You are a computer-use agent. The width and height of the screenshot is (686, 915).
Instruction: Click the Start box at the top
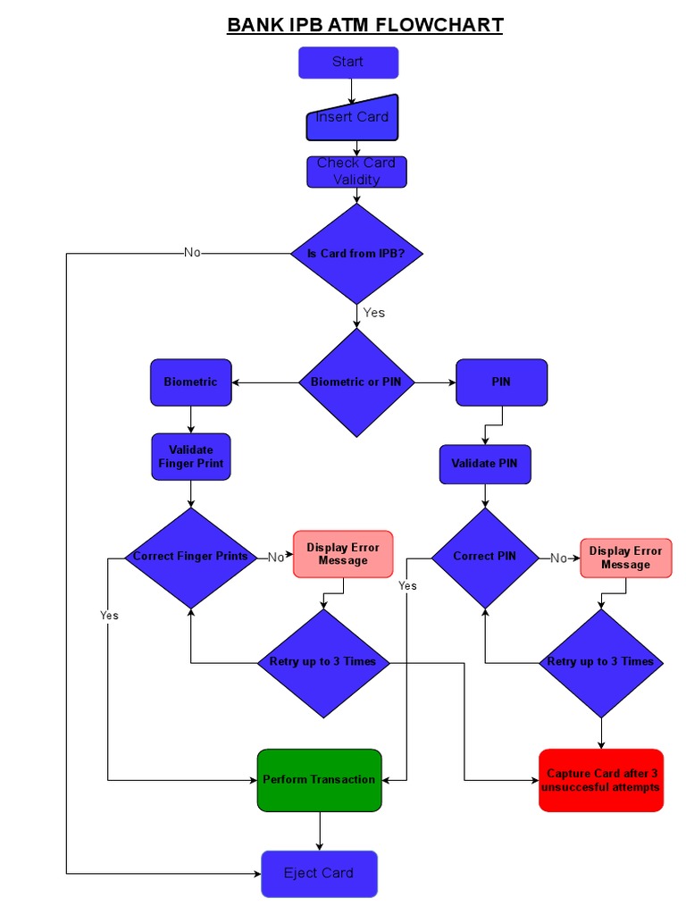(347, 63)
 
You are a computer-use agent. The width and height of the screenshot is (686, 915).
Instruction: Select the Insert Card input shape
(352, 118)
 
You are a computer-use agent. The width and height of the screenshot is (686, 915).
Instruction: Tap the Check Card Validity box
(356, 172)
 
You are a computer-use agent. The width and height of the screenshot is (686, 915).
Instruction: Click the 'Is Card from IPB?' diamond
(356, 254)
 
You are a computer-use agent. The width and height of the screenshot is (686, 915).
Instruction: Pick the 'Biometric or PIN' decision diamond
(356, 382)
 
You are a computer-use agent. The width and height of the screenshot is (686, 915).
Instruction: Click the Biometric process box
(190, 382)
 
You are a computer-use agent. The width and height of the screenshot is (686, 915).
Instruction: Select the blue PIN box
(501, 382)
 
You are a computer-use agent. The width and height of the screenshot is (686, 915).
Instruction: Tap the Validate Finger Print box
(190, 457)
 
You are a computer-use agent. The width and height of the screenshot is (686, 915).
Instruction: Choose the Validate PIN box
(484, 464)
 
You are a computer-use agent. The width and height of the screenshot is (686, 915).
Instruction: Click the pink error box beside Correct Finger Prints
(343, 554)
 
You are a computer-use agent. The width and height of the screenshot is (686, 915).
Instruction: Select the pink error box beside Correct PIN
(625, 558)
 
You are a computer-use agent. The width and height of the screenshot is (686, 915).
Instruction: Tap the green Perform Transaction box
(319, 780)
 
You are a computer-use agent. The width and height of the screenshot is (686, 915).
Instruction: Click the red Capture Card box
(601, 780)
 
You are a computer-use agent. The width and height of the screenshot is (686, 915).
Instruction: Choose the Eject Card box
(319, 874)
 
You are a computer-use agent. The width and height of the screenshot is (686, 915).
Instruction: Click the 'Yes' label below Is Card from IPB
(374, 313)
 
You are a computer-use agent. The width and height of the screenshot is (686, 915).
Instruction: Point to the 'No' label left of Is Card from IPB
(192, 253)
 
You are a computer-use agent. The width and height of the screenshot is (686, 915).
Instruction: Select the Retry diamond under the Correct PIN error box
(600, 662)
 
